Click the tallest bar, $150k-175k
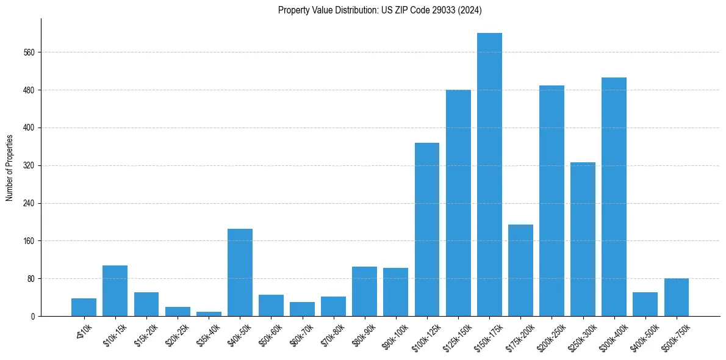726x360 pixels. click(x=489, y=175)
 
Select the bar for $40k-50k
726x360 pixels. click(x=240, y=272)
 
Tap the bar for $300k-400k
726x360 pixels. click(x=614, y=196)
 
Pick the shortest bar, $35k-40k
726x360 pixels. click(x=209, y=314)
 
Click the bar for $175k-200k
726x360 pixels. click(x=520, y=270)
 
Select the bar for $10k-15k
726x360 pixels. click(x=115, y=290)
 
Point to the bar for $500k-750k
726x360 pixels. click(x=676, y=297)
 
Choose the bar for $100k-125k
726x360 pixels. click(x=427, y=229)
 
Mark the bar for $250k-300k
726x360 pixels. click(x=583, y=239)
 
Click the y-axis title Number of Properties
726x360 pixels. click(x=9, y=167)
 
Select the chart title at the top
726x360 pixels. click(x=380, y=10)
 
